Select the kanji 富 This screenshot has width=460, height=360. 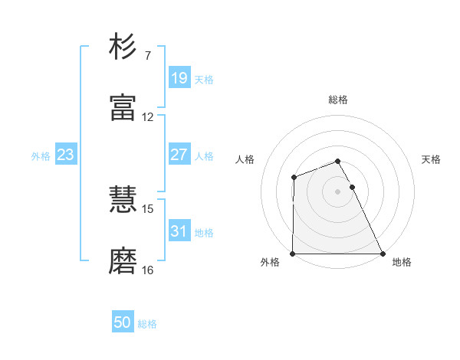point(123,108)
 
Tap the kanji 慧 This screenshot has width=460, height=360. point(123,201)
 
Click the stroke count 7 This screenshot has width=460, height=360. point(148,56)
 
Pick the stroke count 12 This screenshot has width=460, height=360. point(148,117)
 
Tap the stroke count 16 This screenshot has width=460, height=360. point(148,270)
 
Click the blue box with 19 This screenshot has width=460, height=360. point(179,78)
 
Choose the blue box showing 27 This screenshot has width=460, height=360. point(179,155)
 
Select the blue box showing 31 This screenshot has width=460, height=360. point(179,231)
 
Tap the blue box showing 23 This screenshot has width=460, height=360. point(65,155)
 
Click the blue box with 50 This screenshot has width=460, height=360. point(123,323)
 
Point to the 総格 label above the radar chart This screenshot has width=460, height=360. point(338,100)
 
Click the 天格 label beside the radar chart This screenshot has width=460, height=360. point(432,159)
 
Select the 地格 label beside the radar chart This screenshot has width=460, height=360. point(402,263)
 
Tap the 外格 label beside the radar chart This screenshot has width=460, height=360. point(270,263)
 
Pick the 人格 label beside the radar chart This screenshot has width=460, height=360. point(245,159)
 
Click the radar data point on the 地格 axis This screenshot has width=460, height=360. point(383,254)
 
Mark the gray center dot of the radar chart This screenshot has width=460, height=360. point(338,191)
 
